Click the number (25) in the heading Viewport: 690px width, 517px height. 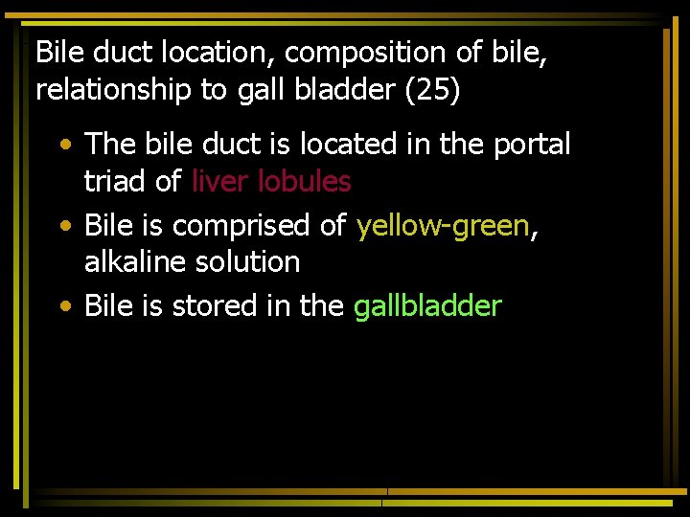coord(431,90)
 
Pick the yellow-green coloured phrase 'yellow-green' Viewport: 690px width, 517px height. coord(443,226)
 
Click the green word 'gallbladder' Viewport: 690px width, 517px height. coord(427,306)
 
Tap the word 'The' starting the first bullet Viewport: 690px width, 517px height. coord(109,145)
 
